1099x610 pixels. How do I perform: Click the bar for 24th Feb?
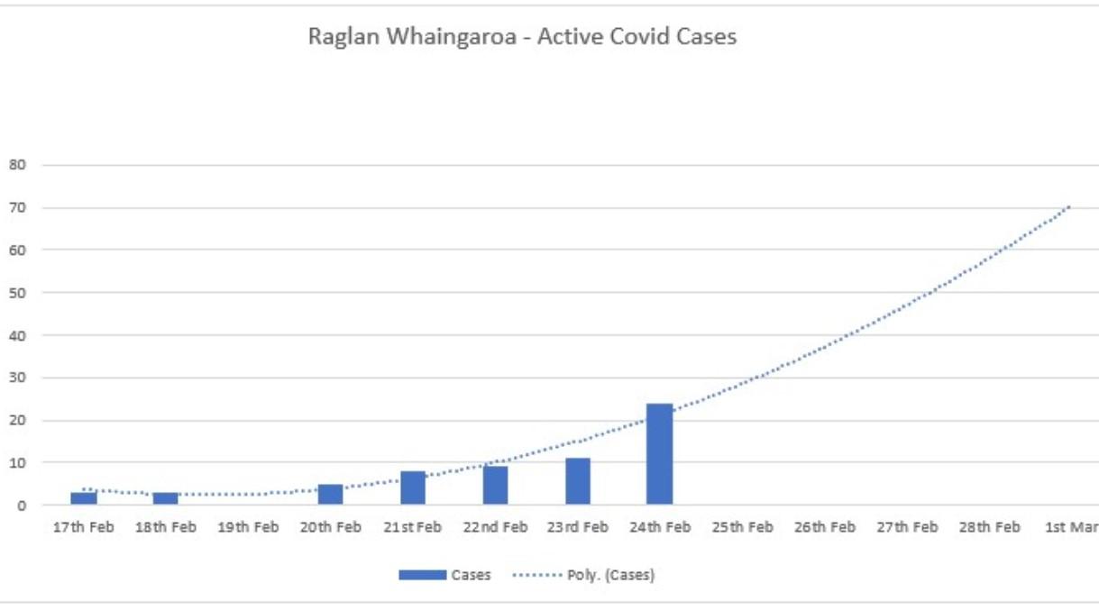[x=659, y=454]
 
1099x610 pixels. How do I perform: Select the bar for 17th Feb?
[x=84, y=498]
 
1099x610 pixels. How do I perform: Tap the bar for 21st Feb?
[x=413, y=487]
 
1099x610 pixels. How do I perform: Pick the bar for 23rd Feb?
[x=578, y=481]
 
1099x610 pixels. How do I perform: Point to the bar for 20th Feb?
[x=331, y=495]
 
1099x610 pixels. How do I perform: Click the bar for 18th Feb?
[x=165, y=498]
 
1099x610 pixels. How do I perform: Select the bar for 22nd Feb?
[x=495, y=485]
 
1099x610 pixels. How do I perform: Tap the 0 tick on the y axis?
[x=18, y=505]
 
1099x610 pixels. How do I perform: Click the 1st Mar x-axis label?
[x=1071, y=528]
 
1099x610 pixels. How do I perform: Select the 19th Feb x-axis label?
[x=248, y=528]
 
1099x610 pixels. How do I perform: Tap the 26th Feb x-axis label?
[x=825, y=528]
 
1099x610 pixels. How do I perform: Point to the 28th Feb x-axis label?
[x=990, y=528]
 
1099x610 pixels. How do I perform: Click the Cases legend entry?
[x=445, y=575]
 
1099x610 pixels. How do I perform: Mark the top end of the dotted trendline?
[x=1070, y=206]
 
